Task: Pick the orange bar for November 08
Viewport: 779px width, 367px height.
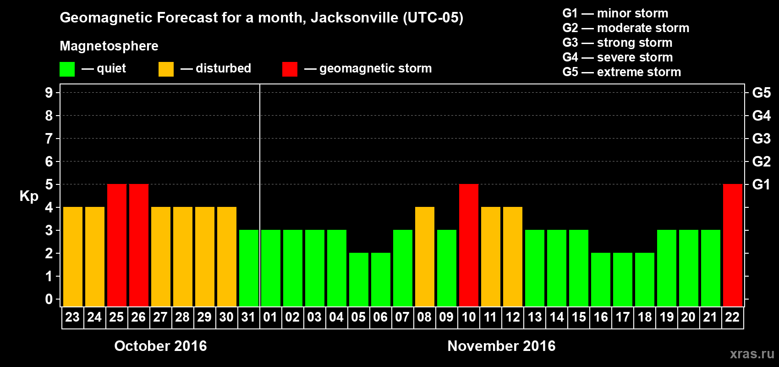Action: [x=425, y=256]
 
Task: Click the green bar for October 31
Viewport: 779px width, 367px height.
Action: [x=249, y=268]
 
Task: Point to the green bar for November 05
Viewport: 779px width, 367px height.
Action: [x=359, y=279]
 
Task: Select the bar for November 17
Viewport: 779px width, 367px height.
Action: [x=623, y=279]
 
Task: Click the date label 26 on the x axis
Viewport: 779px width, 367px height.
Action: [x=138, y=317]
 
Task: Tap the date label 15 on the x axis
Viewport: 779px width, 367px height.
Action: [x=579, y=317]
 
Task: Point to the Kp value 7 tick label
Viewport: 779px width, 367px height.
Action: [x=49, y=139]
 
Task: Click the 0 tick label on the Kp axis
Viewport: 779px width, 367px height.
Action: [x=49, y=299]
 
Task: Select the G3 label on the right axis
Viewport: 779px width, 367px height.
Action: [x=761, y=139]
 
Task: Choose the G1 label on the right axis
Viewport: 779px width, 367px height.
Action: [x=761, y=184]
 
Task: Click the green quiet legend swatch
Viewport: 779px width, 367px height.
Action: [x=67, y=69]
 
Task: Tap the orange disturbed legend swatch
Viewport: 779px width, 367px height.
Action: [x=166, y=69]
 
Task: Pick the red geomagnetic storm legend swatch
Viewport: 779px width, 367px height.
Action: [x=290, y=69]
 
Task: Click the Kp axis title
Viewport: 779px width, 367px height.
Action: [x=29, y=196]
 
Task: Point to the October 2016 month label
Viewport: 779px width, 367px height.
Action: [x=160, y=346]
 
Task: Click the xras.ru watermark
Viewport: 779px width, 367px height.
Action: [x=752, y=354]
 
